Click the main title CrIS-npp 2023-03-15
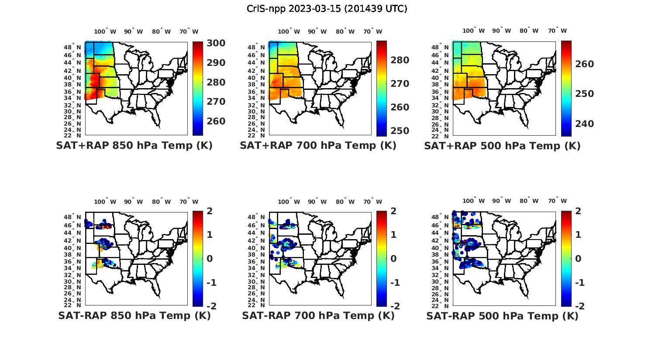click(x=327, y=9)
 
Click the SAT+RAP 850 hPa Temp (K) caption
click(x=134, y=146)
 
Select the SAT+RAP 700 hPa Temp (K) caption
click(x=318, y=146)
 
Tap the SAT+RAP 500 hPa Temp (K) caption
click(x=502, y=146)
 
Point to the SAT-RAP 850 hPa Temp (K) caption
click(x=134, y=315)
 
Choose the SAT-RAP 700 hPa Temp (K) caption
click(x=318, y=315)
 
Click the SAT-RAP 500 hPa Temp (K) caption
click(x=502, y=315)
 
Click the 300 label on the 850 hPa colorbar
click(x=204, y=43)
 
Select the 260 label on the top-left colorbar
click(x=204, y=121)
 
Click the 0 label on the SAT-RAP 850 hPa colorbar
click(x=209, y=259)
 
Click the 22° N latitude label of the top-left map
click(x=76, y=135)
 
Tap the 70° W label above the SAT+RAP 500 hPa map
click(x=557, y=31)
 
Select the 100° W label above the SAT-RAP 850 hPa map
click(x=105, y=202)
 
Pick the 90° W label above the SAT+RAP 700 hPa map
click(x=317, y=31)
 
